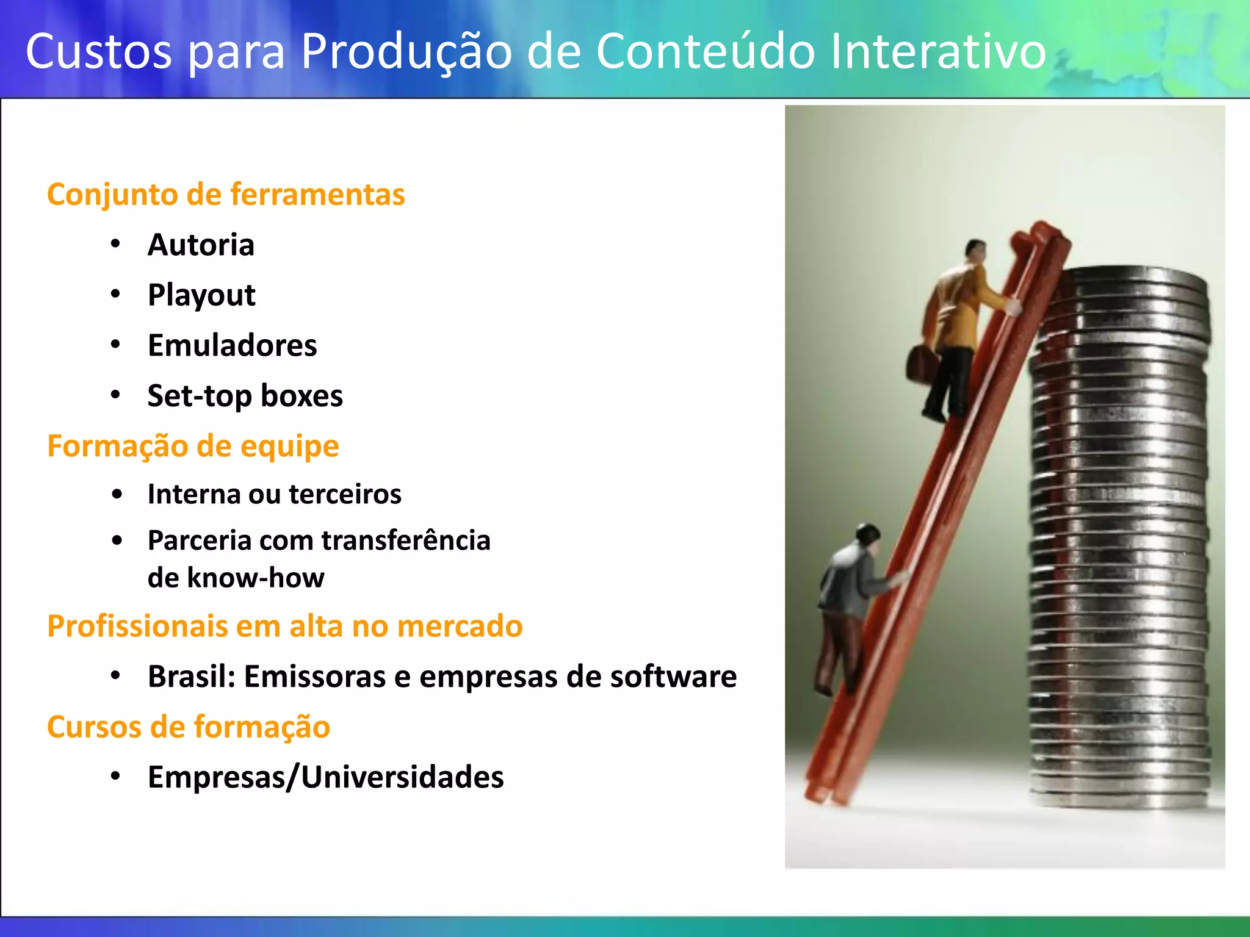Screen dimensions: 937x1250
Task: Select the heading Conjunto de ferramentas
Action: pyautogui.click(x=226, y=195)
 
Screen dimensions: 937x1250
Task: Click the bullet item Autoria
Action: pyautogui.click(x=201, y=245)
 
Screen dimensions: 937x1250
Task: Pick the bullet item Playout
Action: pyautogui.click(x=201, y=296)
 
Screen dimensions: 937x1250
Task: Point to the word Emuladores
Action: pyautogui.click(x=232, y=346)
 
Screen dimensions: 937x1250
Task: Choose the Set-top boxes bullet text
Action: pyautogui.click(x=245, y=397)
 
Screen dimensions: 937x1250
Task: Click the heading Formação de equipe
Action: pyautogui.click(x=193, y=446)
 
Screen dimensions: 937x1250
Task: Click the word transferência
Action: pyautogui.click(x=406, y=540)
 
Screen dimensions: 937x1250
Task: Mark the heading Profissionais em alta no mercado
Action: pyautogui.click(x=284, y=626)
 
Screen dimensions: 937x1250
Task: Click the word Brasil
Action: pyautogui.click(x=191, y=677)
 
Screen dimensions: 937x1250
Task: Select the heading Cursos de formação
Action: pyautogui.click(x=189, y=727)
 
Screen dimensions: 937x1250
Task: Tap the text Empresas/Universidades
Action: pyautogui.click(x=325, y=777)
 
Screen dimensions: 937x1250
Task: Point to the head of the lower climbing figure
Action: pyautogui.click(x=867, y=535)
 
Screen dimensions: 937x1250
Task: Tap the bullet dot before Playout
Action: pyautogui.click(x=116, y=295)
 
